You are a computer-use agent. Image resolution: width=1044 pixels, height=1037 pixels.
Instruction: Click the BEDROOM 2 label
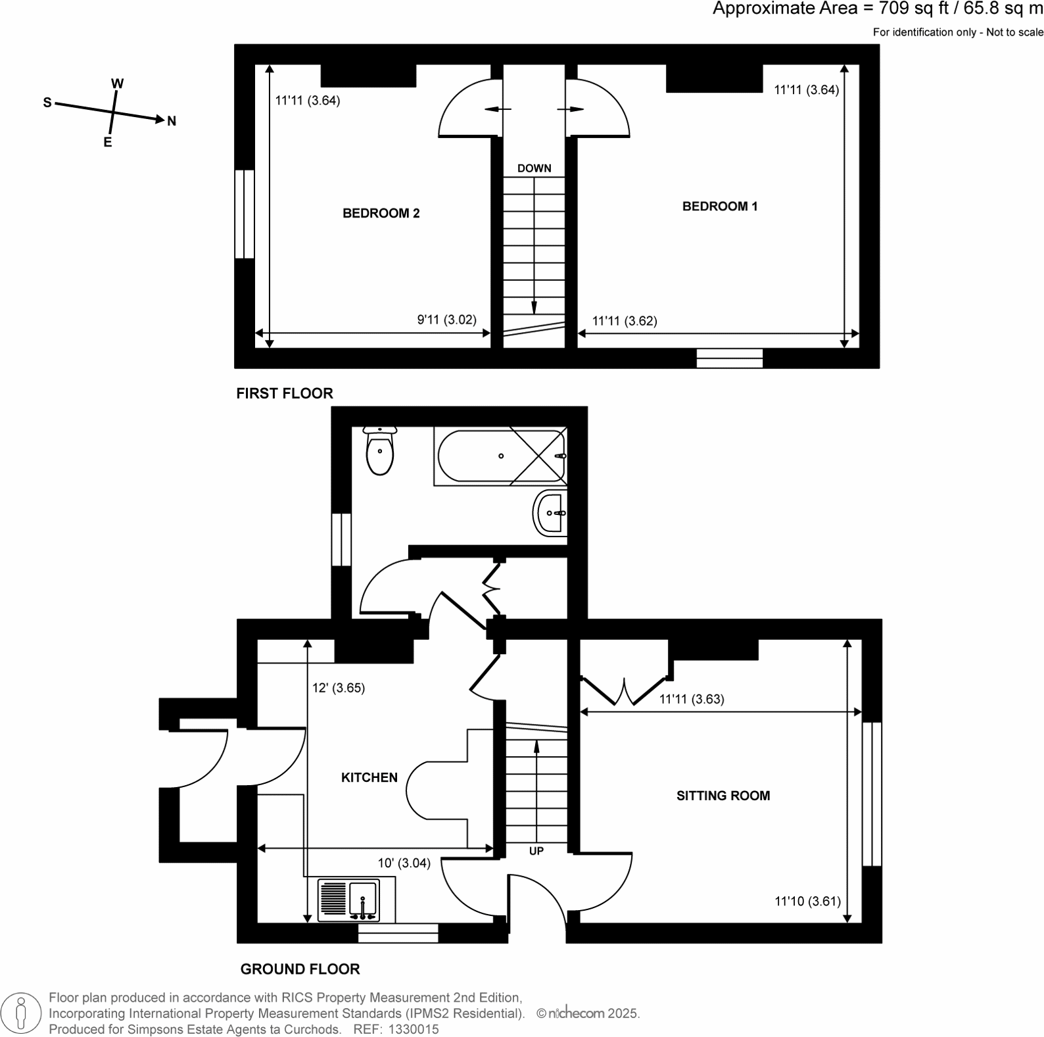(381, 213)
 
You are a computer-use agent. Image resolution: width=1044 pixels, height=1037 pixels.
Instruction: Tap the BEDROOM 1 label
(719, 206)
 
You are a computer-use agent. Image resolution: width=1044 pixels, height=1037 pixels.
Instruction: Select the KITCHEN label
(369, 777)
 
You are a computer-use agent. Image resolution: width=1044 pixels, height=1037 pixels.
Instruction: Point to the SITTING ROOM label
(723, 796)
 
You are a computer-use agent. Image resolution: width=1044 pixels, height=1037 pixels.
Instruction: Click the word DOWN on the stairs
(534, 168)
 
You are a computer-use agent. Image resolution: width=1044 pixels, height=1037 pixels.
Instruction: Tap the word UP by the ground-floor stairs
(536, 851)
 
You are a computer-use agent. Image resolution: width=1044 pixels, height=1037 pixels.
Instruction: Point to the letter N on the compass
(172, 121)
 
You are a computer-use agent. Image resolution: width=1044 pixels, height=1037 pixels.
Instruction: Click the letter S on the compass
(47, 103)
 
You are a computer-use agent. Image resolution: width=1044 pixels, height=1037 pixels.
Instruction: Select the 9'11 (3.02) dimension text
(446, 320)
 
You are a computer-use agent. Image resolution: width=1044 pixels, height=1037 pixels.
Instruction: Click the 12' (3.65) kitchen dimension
(338, 688)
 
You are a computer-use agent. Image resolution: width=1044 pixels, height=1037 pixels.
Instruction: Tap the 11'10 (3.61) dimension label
(807, 901)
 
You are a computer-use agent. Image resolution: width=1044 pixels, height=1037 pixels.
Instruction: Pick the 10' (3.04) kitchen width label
(404, 863)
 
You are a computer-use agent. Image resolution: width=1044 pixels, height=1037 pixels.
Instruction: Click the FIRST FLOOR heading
(285, 393)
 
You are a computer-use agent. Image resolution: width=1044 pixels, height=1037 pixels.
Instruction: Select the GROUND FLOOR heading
(300, 969)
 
